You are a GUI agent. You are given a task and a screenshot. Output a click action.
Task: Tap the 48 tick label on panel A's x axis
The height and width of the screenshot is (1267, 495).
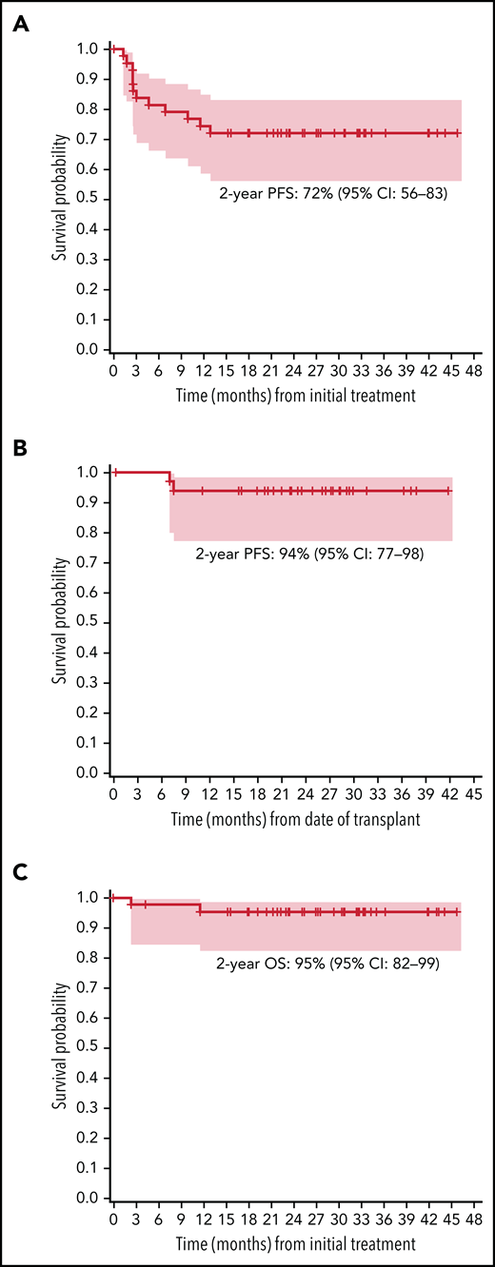click(x=473, y=370)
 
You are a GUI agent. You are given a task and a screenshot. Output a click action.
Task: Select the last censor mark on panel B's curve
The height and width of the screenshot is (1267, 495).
click(x=448, y=490)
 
